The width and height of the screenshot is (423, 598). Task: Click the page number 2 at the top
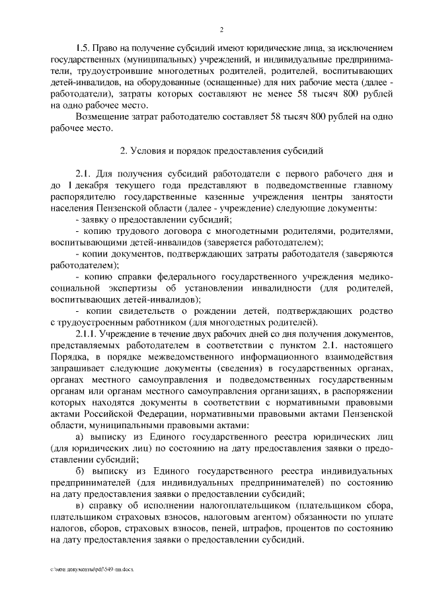pos(221,29)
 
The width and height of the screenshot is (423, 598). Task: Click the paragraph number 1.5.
pos(83,49)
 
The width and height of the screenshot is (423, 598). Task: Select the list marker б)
pos(81,470)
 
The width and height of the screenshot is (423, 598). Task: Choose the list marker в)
pos(81,505)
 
